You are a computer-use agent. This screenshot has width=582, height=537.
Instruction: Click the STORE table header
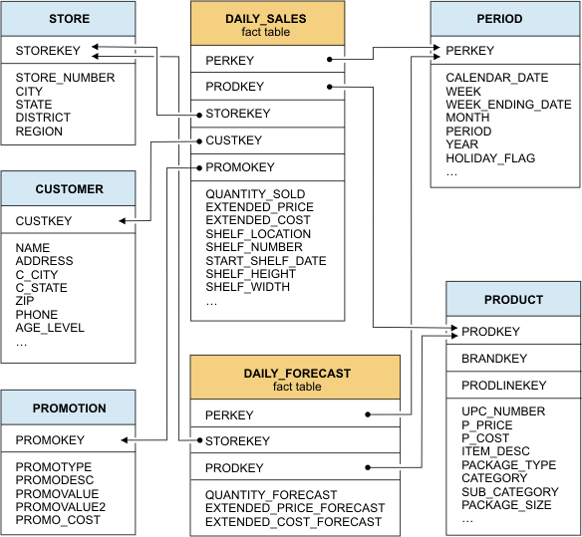pos(69,19)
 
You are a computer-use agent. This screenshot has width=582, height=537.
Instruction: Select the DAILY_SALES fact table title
pos(267,19)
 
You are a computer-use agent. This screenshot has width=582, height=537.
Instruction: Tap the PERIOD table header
pos(504,19)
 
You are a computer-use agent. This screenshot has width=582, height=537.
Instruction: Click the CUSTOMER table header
pos(69,188)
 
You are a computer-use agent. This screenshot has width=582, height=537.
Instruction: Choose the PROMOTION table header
pos(69,407)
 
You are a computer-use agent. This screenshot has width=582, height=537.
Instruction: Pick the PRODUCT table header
pos(513,299)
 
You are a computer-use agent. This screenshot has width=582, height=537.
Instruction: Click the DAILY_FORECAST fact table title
pos(296,374)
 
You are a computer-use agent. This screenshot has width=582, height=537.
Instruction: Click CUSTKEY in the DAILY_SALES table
pos(233,140)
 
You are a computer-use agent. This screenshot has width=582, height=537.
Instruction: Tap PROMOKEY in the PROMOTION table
pos(50,439)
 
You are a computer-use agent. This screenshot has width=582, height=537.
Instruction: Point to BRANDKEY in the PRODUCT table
pos(494,359)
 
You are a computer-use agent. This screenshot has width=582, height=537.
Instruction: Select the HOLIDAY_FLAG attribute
pos(489,158)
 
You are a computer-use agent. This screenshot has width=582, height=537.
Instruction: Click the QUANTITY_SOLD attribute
pos(255,194)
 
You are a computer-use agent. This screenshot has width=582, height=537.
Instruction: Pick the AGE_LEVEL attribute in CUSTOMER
pos(50,328)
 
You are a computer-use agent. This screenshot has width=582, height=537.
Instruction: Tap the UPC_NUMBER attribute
pos(502,411)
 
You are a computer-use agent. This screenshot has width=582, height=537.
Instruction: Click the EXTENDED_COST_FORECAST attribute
pos(293,522)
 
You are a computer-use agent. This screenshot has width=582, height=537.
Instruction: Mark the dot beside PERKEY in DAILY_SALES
pos(328,60)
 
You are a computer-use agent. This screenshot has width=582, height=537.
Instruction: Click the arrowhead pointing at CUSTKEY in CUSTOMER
pos(122,221)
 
